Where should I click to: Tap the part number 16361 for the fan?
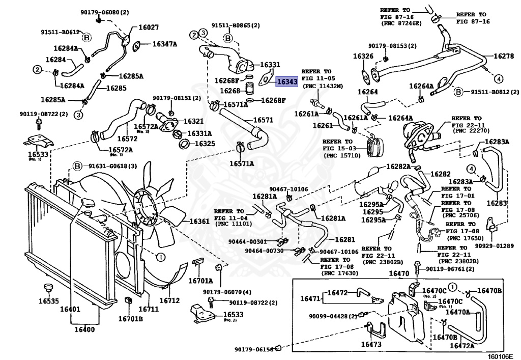pyautogui.click(x=199, y=221)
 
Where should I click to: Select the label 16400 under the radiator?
pyautogui.click(x=85, y=329)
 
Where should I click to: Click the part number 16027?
pyautogui.click(x=142, y=27)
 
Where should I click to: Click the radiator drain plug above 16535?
pyautogui.click(x=49, y=288)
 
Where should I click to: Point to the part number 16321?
pyautogui.click(x=193, y=121)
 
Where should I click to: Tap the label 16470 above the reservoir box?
pyautogui.click(x=399, y=273)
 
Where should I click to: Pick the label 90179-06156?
pyautogui.click(x=254, y=349)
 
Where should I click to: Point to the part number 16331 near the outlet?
pyautogui.click(x=270, y=65)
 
